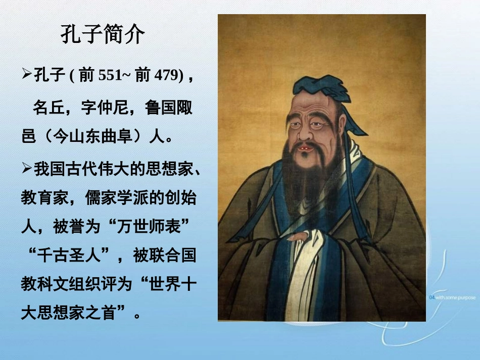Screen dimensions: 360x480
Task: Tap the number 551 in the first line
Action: coord(110,76)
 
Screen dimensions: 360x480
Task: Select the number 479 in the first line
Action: coord(166,76)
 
